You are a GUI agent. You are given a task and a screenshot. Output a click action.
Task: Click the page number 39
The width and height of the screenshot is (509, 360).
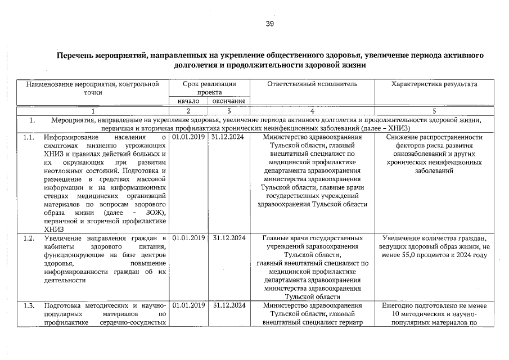tap(269, 24)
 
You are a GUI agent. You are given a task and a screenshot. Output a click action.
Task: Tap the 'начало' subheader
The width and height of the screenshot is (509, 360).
tap(188, 101)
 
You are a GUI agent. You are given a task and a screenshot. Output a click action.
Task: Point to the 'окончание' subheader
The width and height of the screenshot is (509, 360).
tap(228, 101)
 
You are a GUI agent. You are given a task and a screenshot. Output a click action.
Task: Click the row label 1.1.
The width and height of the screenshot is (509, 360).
tap(29, 137)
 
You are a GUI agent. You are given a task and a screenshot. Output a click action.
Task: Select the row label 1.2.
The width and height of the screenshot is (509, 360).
tap(29, 238)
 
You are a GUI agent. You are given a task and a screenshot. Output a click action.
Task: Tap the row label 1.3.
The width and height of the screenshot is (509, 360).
tap(29, 305)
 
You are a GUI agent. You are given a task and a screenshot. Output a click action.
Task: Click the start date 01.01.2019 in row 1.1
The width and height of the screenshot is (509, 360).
tap(188, 137)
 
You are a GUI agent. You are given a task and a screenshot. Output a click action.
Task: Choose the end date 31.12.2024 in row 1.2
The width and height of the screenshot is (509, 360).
tap(228, 238)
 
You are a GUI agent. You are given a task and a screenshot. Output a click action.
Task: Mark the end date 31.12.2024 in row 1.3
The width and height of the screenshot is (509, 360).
tap(228, 305)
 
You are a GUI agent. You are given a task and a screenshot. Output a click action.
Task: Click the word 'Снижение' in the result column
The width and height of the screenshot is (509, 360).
tap(404, 137)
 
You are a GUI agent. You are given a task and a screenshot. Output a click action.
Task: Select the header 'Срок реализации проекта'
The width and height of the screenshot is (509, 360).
tap(209, 88)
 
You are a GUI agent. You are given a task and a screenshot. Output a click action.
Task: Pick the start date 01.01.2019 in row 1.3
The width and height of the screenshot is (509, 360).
tap(188, 305)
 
